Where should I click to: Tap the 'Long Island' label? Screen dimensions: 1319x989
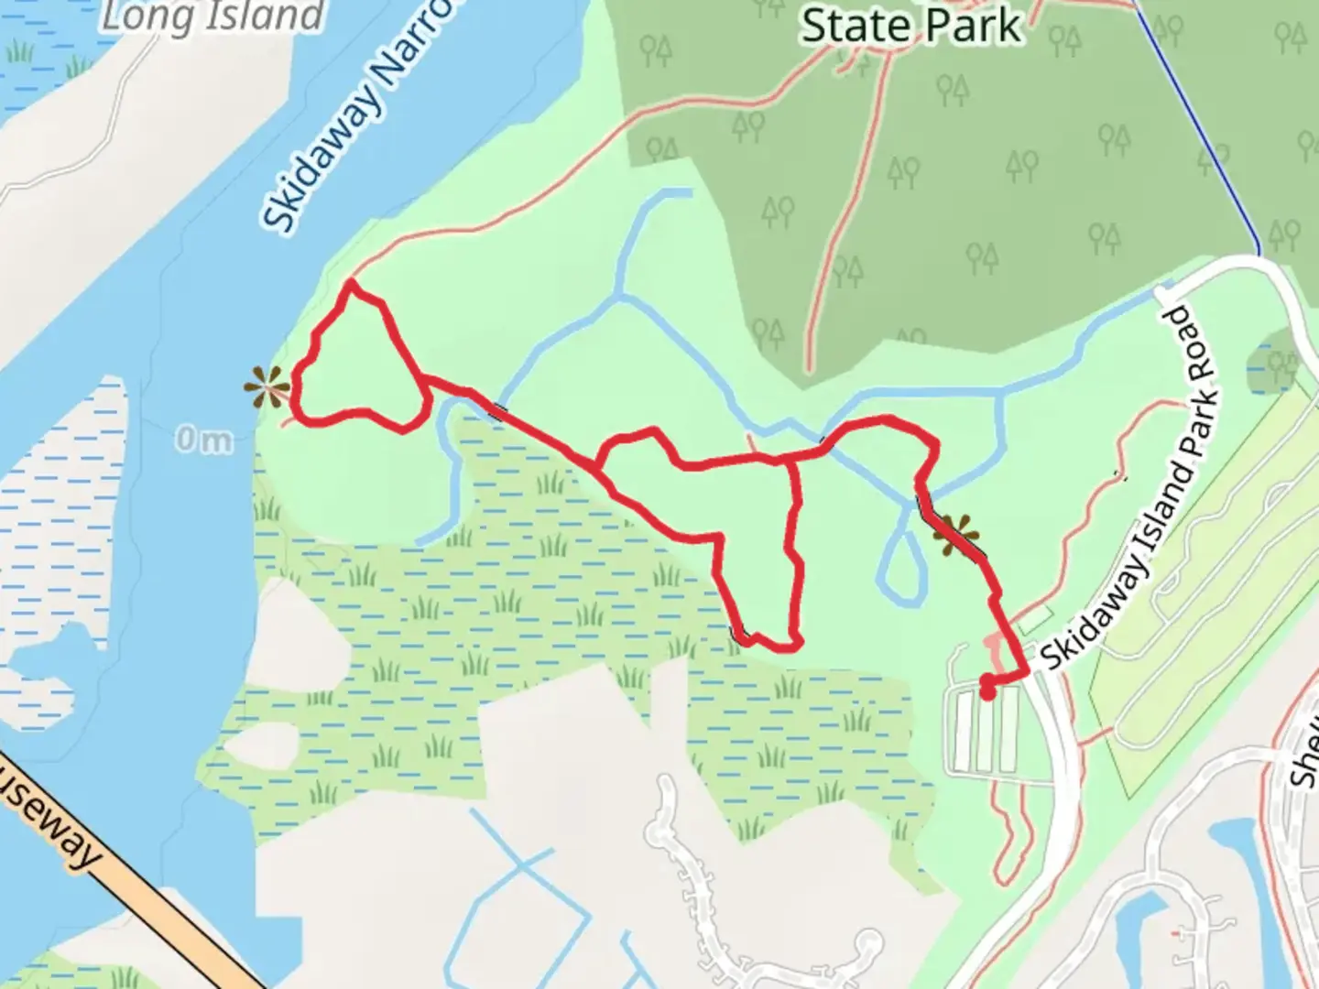213,16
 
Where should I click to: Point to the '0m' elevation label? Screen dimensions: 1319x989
203,440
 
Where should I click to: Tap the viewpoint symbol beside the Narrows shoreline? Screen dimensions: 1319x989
267,388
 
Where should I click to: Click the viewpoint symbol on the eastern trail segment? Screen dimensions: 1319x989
955,535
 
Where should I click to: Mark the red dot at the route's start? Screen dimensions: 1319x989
987,691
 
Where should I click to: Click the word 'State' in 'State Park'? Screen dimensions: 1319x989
857,26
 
